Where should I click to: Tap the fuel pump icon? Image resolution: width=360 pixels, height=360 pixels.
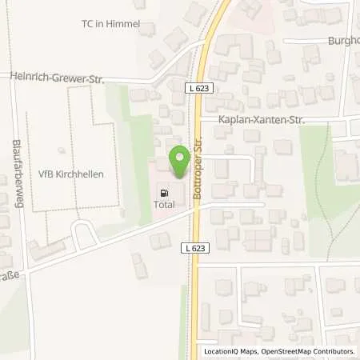165,193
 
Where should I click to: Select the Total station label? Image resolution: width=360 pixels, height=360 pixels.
165,206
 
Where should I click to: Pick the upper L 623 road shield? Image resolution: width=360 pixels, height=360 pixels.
202,89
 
